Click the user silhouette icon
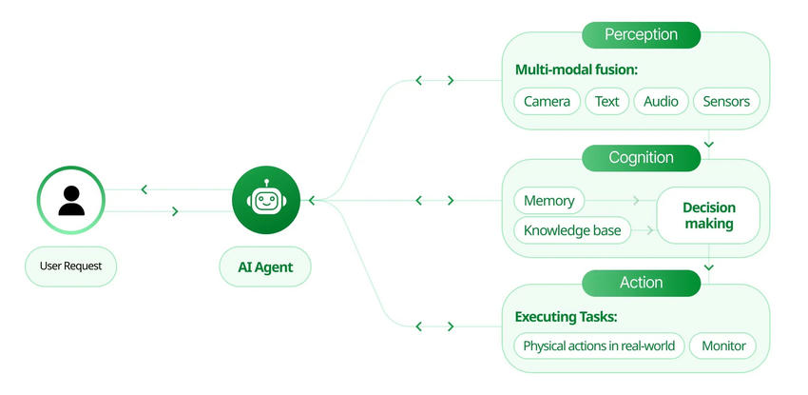pyautogui.click(x=70, y=201)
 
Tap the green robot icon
pyautogui.click(x=266, y=201)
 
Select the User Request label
pyautogui.click(x=70, y=267)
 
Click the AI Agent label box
pyautogui.click(x=266, y=267)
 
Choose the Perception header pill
pyautogui.click(x=641, y=35)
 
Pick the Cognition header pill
pyautogui.click(x=641, y=158)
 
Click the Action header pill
pyautogui.click(x=641, y=283)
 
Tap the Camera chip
pyautogui.click(x=547, y=101)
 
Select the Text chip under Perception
pyautogui.click(x=606, y=101)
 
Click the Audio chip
pyautogui.click(x=661, y=101)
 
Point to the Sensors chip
pyautogui.click(x=726, y=101)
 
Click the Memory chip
pyautogui.click(x=548, y=201)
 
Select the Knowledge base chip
pyautogui.click(x=572, y=230)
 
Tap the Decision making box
pyautogui.click(x=709, y=215)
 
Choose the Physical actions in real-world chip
pyautogui.click(x=599, y=346)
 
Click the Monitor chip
pyautogui.click(x=723, y=346)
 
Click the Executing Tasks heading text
pyautogui.click(x=572, y=317)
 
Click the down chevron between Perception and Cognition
pyautogui.click(x=709, y=145)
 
